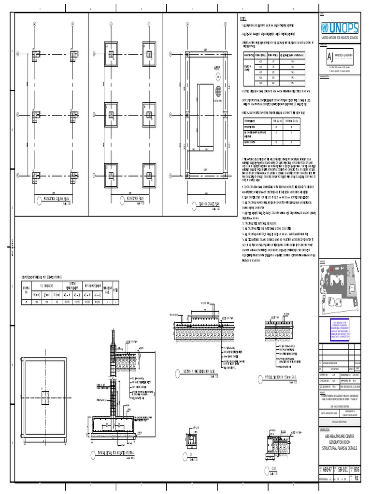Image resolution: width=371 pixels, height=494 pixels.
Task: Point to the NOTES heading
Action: (243, 18)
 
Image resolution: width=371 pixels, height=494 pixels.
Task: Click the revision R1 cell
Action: (357, 478)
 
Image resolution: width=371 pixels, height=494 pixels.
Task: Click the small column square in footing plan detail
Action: (45, 398)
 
